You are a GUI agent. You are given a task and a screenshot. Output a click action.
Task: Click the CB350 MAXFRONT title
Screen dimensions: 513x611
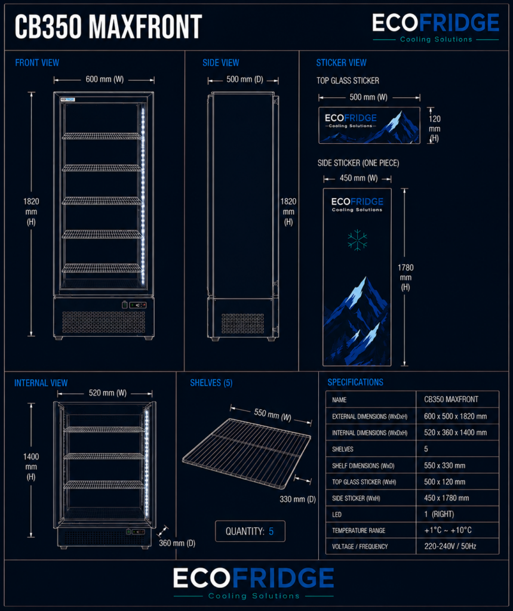tap(109, 27)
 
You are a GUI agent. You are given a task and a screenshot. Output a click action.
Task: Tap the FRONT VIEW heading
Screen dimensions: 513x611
tap(37, 63)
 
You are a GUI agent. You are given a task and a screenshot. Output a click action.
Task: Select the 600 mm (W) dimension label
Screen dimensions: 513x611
tap(105, 79)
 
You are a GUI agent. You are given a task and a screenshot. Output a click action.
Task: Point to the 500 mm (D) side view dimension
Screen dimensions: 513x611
tap(245, 79)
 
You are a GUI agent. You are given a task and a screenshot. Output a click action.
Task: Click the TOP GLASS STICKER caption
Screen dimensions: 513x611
tap(348, 81)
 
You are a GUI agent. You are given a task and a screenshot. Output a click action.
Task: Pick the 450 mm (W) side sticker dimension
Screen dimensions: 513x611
tap(358, 178)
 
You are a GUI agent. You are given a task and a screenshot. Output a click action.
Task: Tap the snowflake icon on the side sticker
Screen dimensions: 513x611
tap(357, 240)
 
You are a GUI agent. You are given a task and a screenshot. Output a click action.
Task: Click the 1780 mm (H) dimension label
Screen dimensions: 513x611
tap(406, 277)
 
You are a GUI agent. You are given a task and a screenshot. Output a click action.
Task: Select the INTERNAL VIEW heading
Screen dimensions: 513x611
tap(41, 383)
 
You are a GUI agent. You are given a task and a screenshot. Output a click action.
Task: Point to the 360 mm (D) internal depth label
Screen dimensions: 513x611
tap(177, 543)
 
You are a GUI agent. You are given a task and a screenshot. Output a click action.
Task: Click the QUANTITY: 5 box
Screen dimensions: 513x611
tap(250, 531)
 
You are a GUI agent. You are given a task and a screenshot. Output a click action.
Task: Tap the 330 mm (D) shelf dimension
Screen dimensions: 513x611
tap(297, 499)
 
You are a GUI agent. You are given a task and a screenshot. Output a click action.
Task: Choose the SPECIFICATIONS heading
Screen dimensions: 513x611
tap(355, 382)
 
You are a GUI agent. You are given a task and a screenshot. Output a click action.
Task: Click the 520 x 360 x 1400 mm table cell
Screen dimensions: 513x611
tap(455, 433)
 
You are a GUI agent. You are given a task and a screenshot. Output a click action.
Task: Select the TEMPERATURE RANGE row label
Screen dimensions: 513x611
tap(358, 530)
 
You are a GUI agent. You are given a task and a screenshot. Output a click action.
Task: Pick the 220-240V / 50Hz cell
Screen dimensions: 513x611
tap(450, 547)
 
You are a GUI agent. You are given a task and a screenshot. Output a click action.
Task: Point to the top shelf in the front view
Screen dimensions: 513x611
tap(102, 136)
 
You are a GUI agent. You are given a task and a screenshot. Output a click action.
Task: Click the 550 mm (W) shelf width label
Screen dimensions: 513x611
tap(273, 415)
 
